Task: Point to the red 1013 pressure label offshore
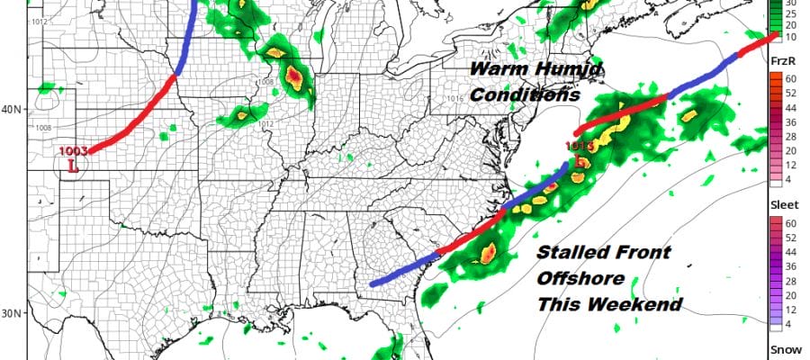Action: click(x=578, y=147)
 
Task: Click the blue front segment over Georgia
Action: click(x=400, y=274)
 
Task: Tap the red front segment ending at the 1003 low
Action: click(x=135, y=113)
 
